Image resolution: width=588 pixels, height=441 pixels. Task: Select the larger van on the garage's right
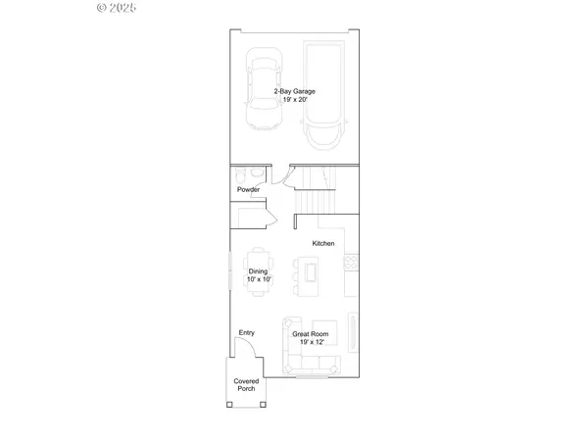click(x=325, y=95)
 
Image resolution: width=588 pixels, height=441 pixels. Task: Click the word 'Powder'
click(x=248, y=189)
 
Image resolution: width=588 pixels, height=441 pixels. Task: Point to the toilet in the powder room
click(x=242, y=173)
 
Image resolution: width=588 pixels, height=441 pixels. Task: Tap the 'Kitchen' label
click(x=323, y=243)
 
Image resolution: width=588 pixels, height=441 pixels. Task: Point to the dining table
click(x=259, y=273)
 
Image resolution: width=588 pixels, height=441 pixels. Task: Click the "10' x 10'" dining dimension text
click(x=259, y=279)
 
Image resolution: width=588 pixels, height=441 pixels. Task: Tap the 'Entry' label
click(x=246, y=333)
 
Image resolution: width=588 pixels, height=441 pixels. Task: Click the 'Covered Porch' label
click(x=245, y=385)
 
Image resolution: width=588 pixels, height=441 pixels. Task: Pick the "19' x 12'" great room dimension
click(x=311, y=342)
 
